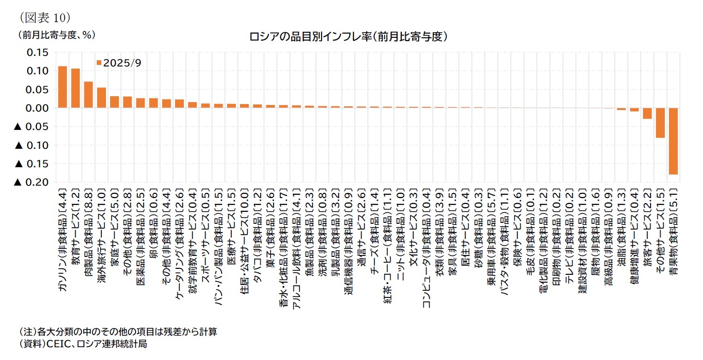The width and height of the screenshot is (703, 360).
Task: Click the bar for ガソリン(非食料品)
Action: (63, 87)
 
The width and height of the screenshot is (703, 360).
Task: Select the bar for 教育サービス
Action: (76, 88)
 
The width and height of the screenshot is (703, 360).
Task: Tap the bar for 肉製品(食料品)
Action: (88, 95)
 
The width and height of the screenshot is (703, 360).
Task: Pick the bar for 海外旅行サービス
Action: (101, 98)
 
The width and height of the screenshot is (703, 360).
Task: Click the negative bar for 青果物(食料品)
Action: (673, 141)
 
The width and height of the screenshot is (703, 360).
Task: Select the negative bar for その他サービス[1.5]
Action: (660, 122)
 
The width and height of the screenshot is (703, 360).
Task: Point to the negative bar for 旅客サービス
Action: (647, 113)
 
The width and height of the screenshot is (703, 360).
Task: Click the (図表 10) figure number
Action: (44, 17)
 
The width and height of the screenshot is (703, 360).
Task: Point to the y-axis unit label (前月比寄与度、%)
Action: (57, 35)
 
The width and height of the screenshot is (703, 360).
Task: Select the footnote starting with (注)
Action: (117, 332)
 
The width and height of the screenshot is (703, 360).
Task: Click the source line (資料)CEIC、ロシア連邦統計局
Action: (82, 344)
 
